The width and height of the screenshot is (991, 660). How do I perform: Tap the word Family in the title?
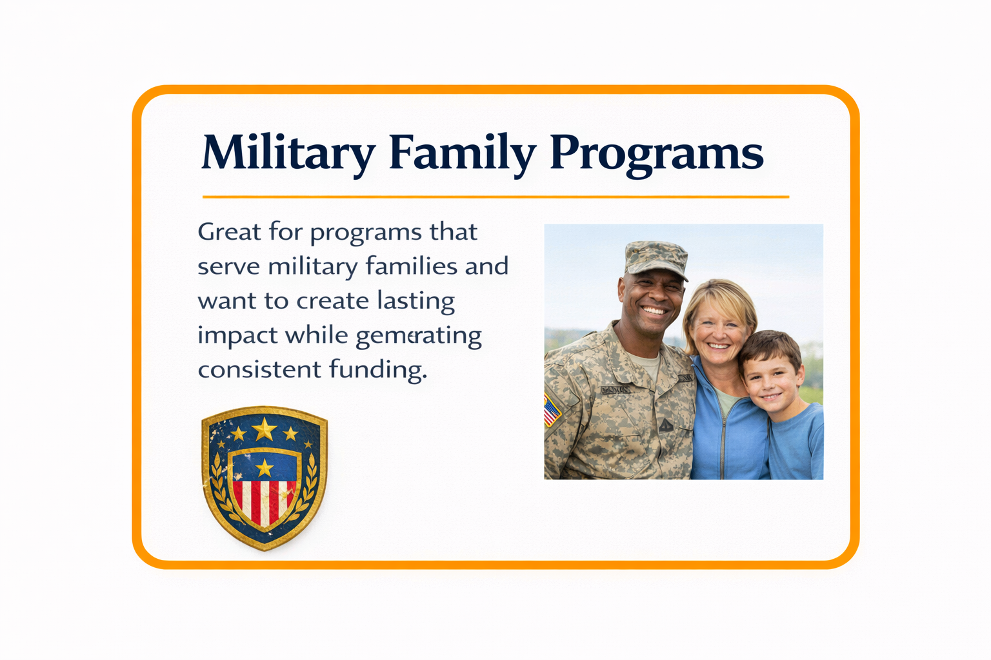462,153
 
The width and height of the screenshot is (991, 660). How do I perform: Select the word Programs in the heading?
656,153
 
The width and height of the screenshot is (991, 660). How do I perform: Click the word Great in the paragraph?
229,231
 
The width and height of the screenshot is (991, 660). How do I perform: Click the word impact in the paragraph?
237,335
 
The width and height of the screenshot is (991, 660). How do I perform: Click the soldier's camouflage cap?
655,258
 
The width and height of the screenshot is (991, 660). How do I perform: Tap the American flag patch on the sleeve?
551,410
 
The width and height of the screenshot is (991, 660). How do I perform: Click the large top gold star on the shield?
265,429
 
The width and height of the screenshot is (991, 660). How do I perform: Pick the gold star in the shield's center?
265,467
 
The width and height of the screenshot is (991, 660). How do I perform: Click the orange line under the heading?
495,197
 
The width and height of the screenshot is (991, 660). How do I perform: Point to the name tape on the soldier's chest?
616,389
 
